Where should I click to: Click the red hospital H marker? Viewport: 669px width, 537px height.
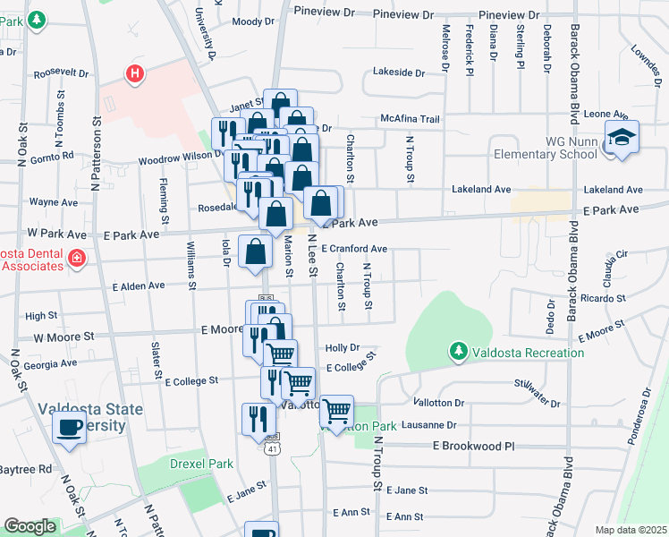[135, 73]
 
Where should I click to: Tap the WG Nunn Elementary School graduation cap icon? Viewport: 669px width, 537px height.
[622, 138]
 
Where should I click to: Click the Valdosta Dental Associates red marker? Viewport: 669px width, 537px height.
[77, 260]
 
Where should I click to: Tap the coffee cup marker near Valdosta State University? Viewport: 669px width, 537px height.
[70, 429]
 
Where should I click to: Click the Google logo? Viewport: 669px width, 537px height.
[30, 526]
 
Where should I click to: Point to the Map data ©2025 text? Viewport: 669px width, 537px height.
[631, 530]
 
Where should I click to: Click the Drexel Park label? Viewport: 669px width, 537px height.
[201, 465]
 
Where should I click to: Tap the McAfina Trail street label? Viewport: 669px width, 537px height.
[411, 119]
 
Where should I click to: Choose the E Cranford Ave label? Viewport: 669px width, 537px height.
[353, 249]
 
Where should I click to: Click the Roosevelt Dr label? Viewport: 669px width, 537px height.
[61, 74]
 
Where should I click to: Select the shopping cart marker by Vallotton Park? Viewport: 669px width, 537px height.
[336, 412]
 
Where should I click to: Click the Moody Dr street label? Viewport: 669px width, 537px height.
[252, 21]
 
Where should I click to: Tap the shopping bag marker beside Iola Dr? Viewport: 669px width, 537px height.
[256, 251]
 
